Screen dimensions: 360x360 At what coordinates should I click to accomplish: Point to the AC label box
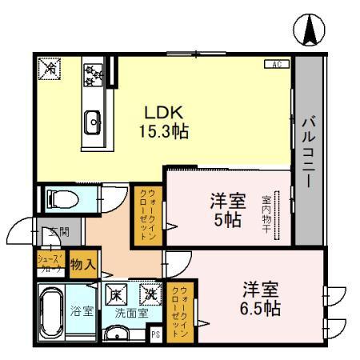(x=277, y=64)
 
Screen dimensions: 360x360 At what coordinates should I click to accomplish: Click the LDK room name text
(x=165, y=112)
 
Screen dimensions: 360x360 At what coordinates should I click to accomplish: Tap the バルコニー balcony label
(x=306, y=153)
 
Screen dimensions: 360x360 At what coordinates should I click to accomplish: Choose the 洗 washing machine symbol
(x=149, y=294)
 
